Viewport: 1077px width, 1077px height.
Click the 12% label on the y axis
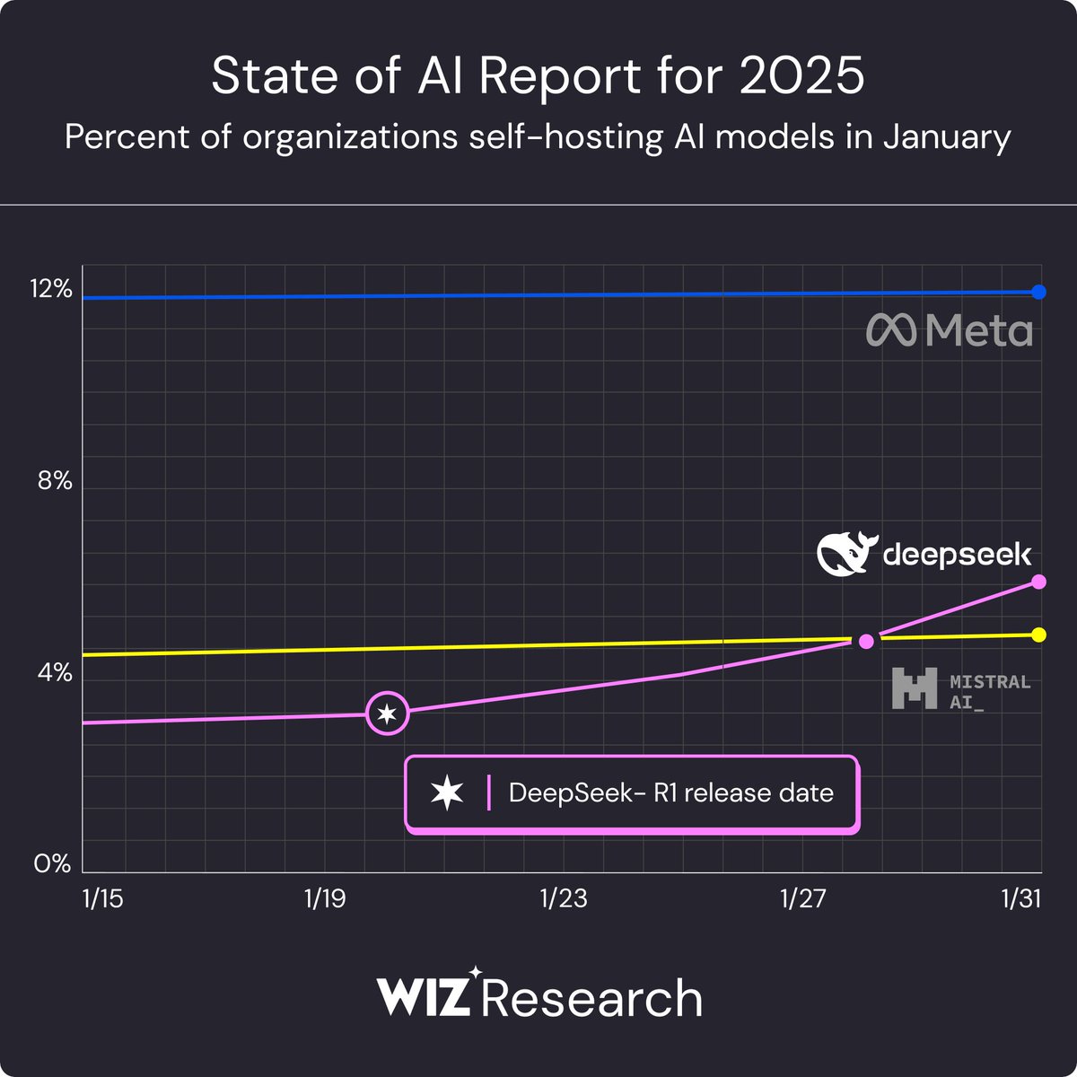(52, 289)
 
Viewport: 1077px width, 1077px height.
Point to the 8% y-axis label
(54, 481)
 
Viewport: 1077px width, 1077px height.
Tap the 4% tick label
(54, 672)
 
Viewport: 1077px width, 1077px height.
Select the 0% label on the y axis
(53, 863)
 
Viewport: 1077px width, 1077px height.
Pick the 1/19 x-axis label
(325, 898)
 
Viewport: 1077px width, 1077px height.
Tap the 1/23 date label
(564, 898)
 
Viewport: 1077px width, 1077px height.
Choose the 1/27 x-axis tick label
(802, 898)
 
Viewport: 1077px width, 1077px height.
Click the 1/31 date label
(1021, 898)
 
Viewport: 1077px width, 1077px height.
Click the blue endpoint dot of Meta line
(1039, 292)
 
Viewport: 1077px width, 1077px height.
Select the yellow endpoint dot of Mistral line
(1039, 635)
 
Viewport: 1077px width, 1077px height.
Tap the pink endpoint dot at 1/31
(1039, 582)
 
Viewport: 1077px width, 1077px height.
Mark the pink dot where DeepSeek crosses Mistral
(866, 641)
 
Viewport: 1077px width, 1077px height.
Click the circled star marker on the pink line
(387, 714)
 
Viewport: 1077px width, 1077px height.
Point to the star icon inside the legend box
(447, 793)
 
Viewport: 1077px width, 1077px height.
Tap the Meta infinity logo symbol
(891, 330)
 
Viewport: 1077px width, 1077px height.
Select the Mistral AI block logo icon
(915, 689)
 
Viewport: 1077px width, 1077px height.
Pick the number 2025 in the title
(803, 76)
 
